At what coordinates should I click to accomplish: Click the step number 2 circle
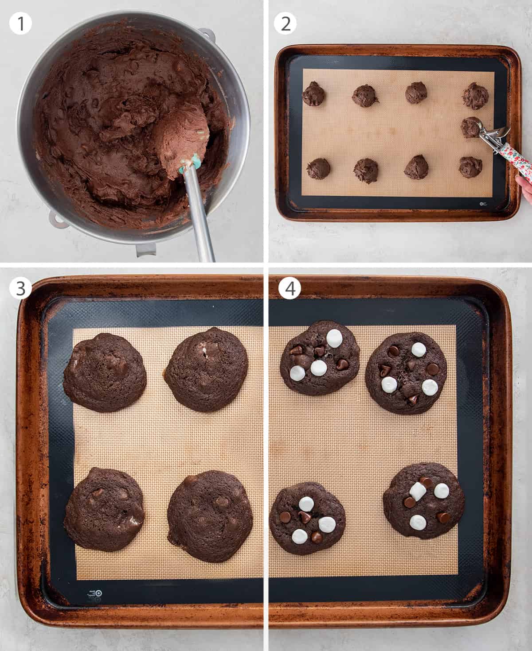coord(286,23)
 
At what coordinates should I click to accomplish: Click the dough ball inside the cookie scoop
coord(470,127)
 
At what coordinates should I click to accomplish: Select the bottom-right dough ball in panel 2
coord(470,167)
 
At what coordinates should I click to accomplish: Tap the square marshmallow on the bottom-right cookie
coord(418,491)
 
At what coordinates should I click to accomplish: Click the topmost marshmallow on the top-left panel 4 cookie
coord(333,338)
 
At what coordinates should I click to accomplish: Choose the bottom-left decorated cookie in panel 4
coord(307,518)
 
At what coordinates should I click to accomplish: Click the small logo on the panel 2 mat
coord(483,204)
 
